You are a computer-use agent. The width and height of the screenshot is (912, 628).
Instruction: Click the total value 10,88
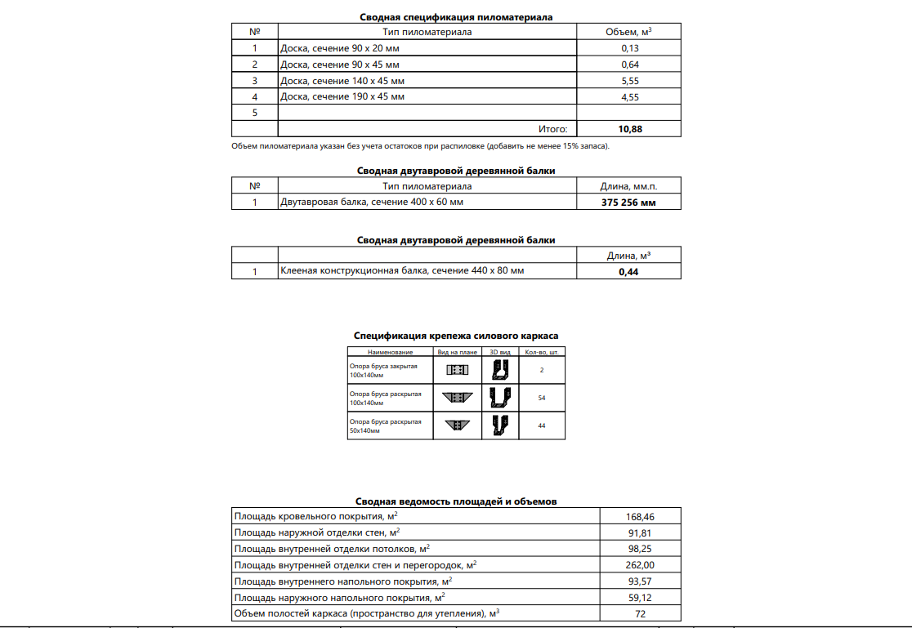pyautogui.click(x=628, y=129)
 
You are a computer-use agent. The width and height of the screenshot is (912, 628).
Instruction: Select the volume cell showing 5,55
pyautogui.click(x=628, y=81)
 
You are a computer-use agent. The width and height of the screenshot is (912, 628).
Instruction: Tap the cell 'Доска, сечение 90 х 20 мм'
pyautogui.click(x=340, y=48)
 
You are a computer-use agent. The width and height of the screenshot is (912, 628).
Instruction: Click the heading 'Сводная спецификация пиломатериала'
pyautogui.click(x=456, y=17)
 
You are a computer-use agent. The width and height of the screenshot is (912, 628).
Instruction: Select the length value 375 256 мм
pyautogui.click(x=628, y=203)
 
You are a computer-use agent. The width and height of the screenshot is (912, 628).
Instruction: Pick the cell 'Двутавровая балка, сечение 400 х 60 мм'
pyautogui.click(x=372, y=202)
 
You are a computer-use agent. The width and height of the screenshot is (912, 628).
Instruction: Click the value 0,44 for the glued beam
pyautogui.click(x=628, y=272)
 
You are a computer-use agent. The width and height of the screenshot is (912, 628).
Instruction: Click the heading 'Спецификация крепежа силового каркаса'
pyautogui.click(x=456, y=336)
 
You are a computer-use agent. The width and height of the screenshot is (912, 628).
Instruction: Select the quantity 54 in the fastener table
pyautogui.click(x=542, y=398)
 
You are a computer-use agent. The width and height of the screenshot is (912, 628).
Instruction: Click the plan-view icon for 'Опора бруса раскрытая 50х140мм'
pyautogui.click(x=457, y=425)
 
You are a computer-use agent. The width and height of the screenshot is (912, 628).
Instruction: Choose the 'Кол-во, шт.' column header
pyautogui.click(x=542, y=353)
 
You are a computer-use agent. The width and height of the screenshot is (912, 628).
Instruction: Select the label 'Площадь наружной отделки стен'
pyautogui.click(x=317, y=532)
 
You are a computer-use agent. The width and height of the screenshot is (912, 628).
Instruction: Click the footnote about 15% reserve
pyautogui.click(x=421, y=146)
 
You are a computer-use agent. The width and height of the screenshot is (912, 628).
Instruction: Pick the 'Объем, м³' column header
pyautogui.click(x=628, y=32)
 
